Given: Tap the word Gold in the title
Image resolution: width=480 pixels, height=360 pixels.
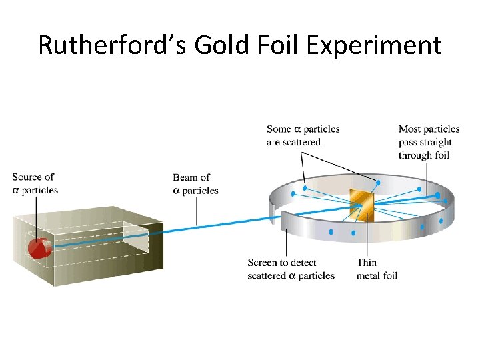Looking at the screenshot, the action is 217,45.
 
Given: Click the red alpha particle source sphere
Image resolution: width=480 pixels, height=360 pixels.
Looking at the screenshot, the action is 38,247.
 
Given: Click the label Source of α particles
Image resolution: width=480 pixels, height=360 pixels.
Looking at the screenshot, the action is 35,183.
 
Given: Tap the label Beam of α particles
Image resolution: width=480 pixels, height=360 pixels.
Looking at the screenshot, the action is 195,184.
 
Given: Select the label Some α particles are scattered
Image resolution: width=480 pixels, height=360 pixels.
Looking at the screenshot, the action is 303,135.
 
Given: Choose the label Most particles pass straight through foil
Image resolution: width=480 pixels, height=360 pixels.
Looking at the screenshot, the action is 429,142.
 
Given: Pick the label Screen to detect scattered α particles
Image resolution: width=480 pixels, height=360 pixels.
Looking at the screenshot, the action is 291,269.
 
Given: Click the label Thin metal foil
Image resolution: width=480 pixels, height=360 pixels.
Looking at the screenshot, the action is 377,269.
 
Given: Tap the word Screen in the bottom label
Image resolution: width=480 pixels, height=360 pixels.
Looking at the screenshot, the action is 263,263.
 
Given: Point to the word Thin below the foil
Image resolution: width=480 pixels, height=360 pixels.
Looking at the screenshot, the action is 367,263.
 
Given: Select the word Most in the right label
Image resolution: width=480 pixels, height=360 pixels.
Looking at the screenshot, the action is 409,129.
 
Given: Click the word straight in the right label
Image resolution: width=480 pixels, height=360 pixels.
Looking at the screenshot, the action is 436,142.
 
